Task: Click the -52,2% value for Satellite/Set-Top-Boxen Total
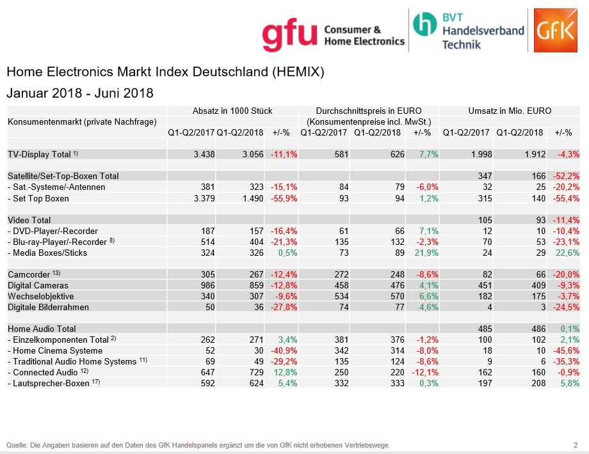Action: [x=567, y=176]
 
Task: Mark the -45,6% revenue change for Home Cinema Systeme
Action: [x=567, y=350]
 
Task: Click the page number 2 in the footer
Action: [x=576, y=444]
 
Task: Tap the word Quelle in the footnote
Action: [x=18, y=444]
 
